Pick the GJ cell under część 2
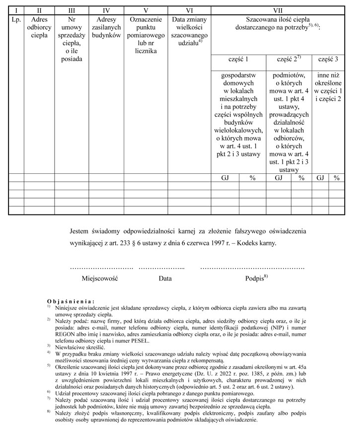[278, 177]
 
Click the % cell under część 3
[337, 177]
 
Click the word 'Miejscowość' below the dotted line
[99, 279]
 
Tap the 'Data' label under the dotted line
[165, 279]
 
